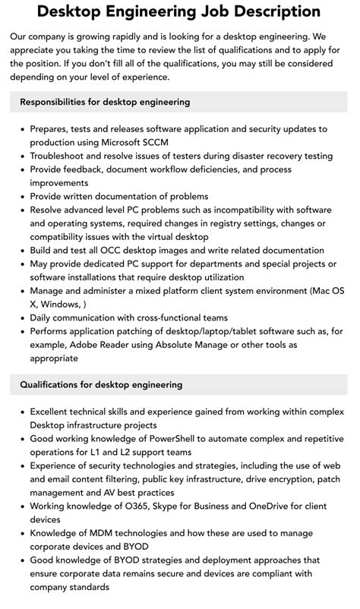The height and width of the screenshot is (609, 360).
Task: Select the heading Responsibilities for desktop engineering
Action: [105, 102]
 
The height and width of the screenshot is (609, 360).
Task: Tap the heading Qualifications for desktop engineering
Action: [101, 385]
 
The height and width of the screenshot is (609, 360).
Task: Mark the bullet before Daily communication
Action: [21, 317]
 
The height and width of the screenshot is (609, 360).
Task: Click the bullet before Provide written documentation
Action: [21, 197]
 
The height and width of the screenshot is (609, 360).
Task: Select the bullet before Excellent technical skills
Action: [21, 412]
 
